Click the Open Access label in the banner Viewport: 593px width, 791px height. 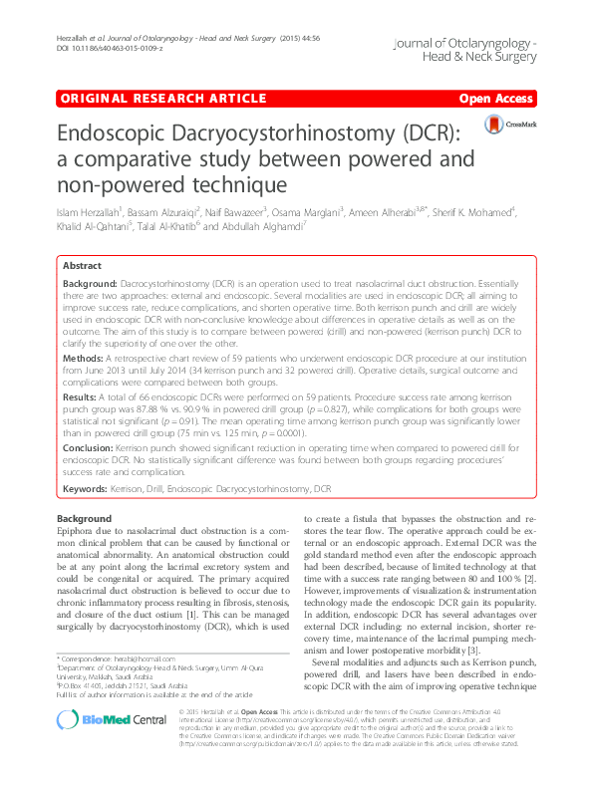click(495, 100)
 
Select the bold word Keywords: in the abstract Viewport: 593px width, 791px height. click(88, 490)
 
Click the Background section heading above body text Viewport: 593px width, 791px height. click(85, 520)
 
